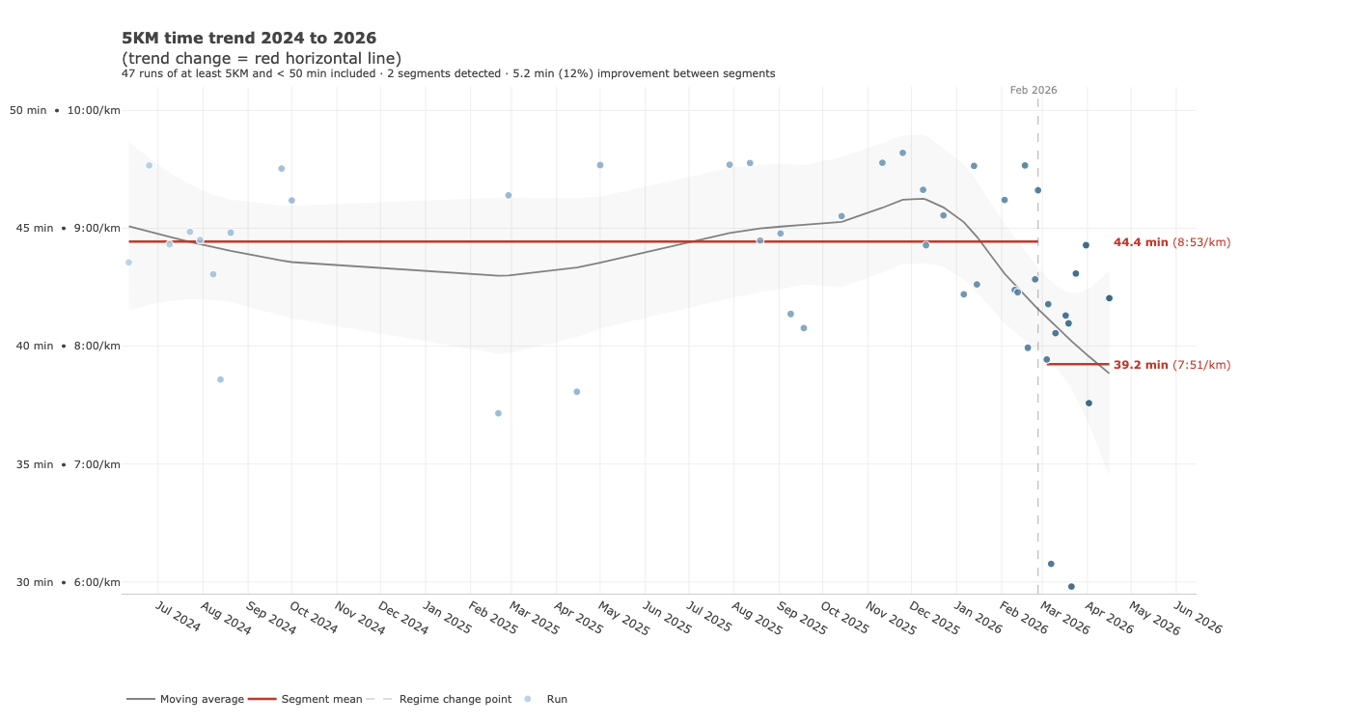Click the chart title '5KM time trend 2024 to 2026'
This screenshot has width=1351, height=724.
(248, 39)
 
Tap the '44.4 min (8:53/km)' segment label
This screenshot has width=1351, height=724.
(1172, 242)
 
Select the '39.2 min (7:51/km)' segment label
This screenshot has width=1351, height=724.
(1172, 365)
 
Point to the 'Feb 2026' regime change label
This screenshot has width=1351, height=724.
(1034, 90)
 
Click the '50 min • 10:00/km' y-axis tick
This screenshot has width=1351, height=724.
(65, 110)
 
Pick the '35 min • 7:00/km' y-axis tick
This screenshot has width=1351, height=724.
(65, 464)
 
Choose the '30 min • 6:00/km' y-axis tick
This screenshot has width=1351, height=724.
(65, 582)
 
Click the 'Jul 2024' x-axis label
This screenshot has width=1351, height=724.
(178, 618)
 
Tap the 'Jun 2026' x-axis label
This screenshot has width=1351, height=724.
(1198, 618)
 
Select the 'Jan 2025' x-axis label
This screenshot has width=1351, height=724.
(448, 618)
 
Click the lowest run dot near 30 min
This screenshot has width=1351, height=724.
(1071, 586)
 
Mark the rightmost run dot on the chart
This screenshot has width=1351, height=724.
(1109, 298)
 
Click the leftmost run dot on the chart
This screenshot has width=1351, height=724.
(128, 263)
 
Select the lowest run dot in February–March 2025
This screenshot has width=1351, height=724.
(498, 413)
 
